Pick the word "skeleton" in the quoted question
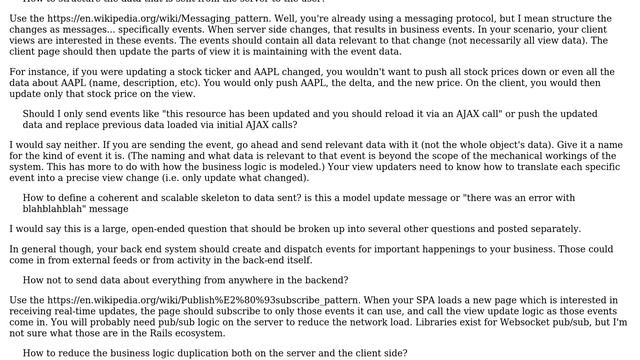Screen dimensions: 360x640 206,197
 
